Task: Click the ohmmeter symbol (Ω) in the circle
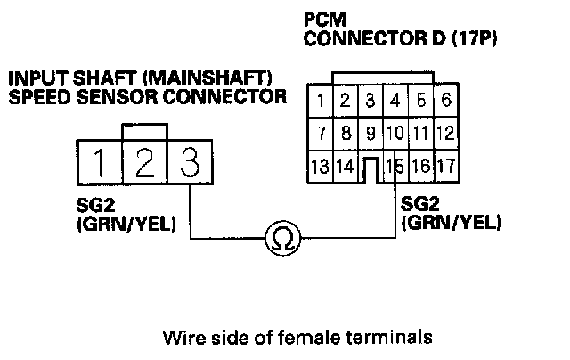282,238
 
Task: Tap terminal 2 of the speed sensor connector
145,162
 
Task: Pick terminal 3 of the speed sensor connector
189,162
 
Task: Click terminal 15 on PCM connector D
395,166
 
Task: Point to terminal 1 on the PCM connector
320,99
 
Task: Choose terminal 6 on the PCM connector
445,99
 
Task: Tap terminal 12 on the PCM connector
445,133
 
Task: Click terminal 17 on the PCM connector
445,166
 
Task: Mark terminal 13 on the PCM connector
320,166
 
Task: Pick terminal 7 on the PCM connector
320,133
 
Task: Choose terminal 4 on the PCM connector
395,99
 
